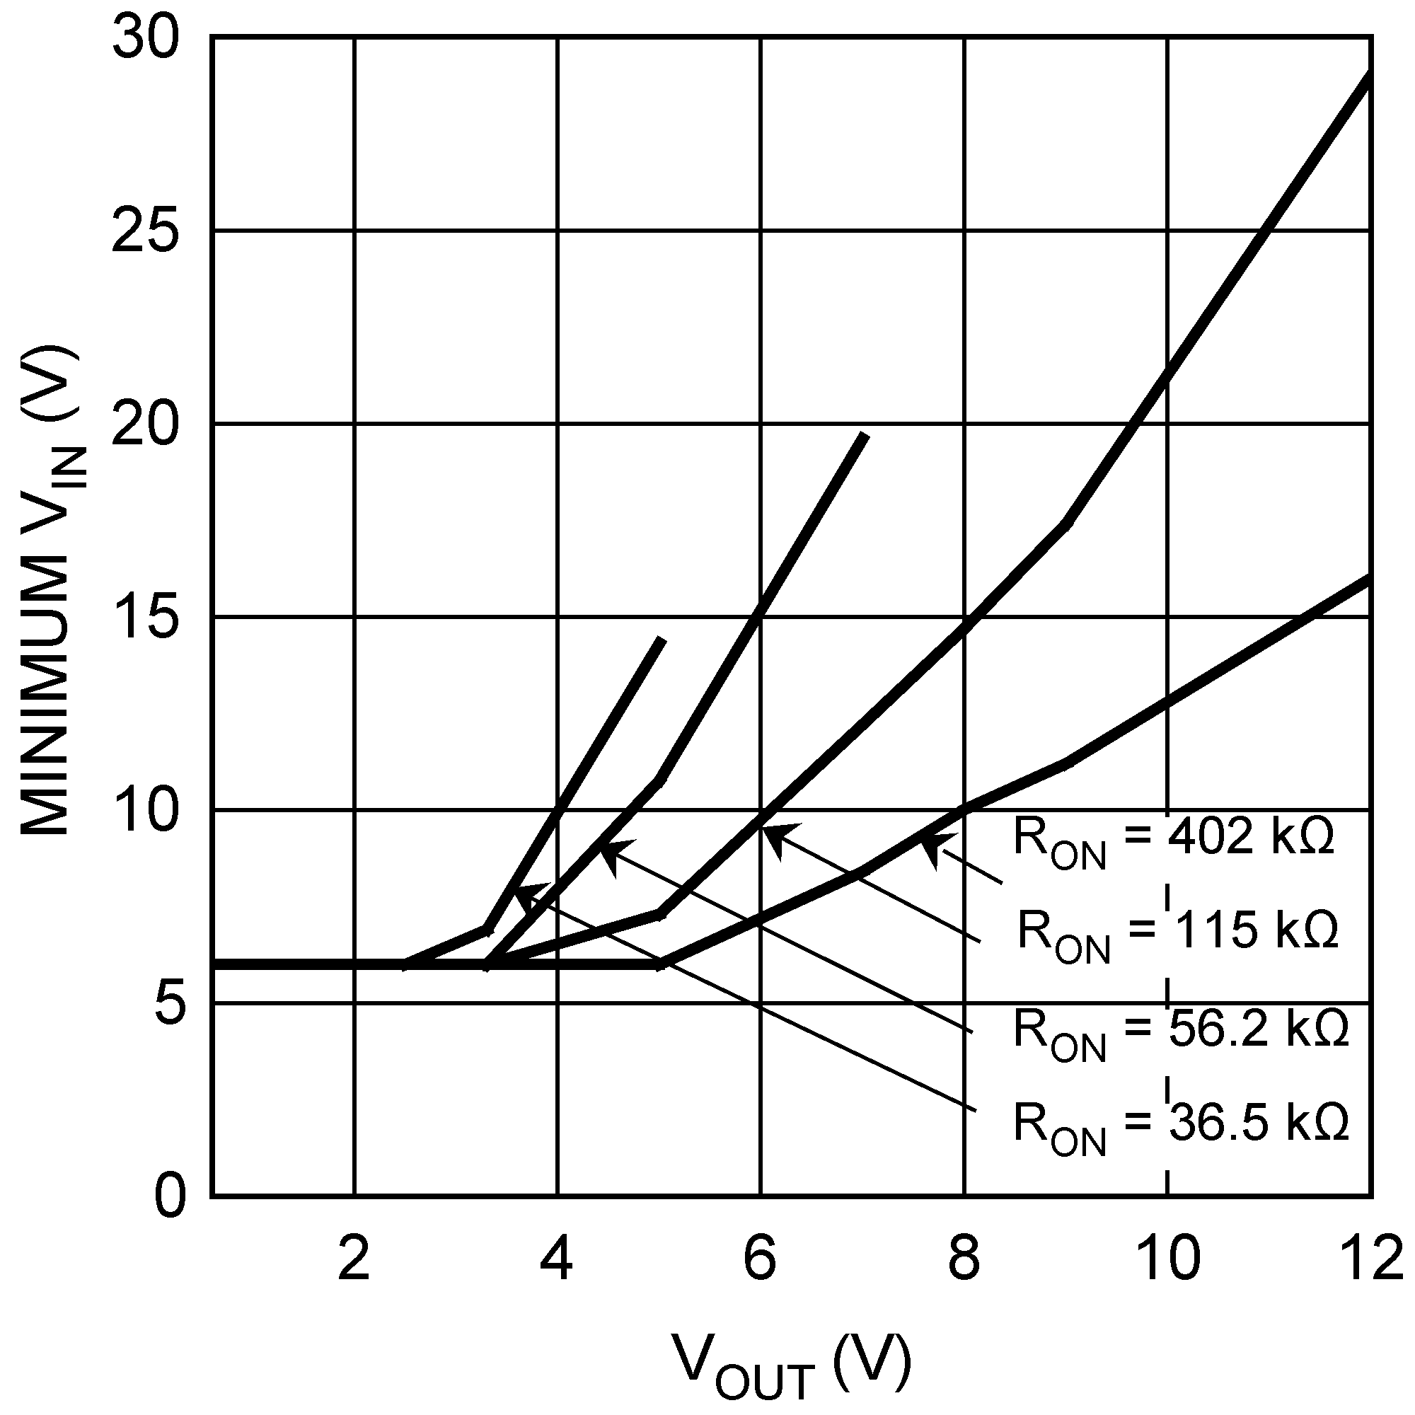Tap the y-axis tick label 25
click(x=146, y=231)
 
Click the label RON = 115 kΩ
click(x=1178, y=934)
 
